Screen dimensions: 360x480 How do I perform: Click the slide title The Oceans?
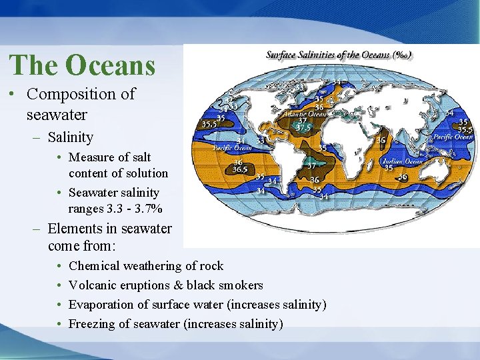click(x=82, y=65)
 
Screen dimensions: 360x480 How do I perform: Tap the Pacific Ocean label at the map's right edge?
click(x=455, y=137)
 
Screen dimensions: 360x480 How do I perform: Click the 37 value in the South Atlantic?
click(x=311, y=165)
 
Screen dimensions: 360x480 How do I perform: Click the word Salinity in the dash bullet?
click(x=70, y=138)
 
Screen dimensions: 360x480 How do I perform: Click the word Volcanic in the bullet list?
click(x=93, y=285)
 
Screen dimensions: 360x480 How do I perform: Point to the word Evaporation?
click(x=101, y=305)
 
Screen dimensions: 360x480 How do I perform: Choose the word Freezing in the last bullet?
click(x=93, y=324)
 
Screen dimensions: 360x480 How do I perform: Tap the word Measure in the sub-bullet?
click(x=91, y=158)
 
